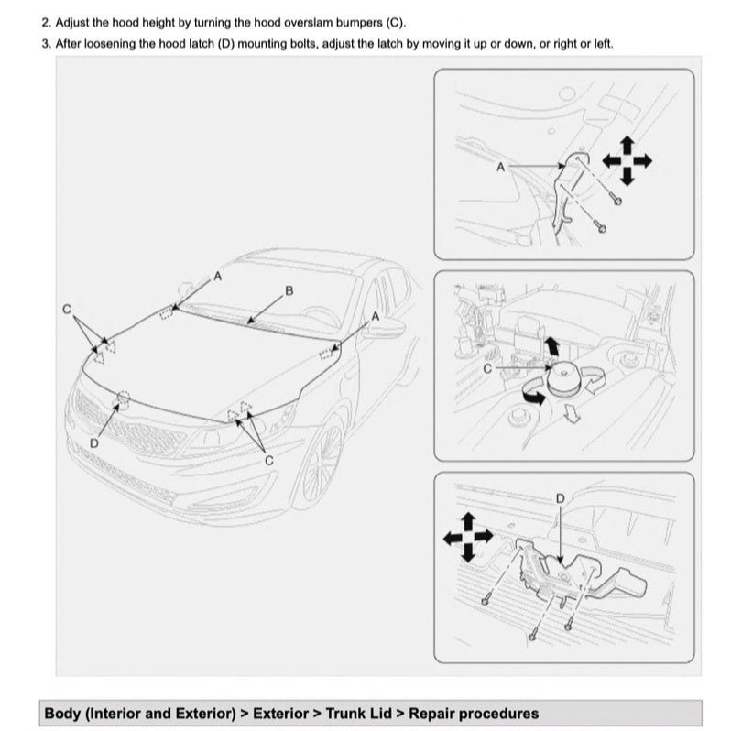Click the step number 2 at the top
[46, 21]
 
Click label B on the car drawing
[289, 291]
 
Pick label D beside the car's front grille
[93, 443]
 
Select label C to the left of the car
[66, 310]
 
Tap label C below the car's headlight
[269, 461]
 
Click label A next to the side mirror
[376, 316]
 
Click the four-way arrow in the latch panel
[467, 537]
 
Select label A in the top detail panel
[500, 167]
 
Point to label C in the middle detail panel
[487, 367]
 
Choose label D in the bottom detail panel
[561, 496]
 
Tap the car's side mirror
[385, 329]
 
